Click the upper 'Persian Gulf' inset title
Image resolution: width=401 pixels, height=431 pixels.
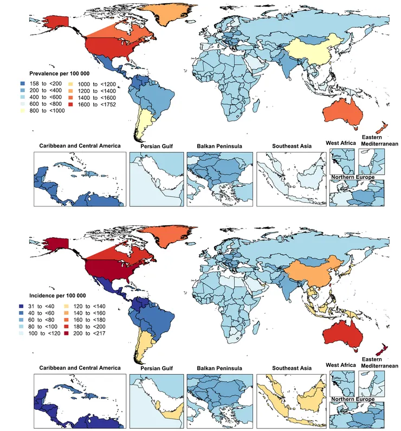point(157,147)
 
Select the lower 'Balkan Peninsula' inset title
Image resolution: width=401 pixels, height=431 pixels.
point(219,367)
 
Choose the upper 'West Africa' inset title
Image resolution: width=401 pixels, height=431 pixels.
point(341,143)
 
